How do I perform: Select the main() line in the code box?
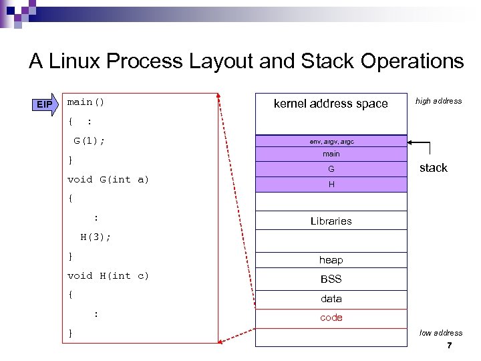pyautogui.click(x=86, y=102)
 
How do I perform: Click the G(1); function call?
pyautogui.click(x=89, y=141)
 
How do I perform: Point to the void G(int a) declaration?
pyautogui.click(x=108, y=179)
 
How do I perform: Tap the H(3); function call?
pyautogui.click(x=96, y=237)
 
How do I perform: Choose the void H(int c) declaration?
pyautogui.click(x=108, y=275)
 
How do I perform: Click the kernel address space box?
pyautogui.click(x=331, y=104)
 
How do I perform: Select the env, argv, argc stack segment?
pyautogui.click(x=331, y=142)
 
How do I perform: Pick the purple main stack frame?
pyautogui.click(x=331, y=154)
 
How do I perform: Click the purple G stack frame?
pyautogui.click(x=331, y=170)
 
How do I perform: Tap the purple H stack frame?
pyautogui.click(x=331, y=185)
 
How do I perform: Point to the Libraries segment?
pyautogui.click(x=331, y=221)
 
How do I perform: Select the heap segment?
pyautogui.click(x=331, y=260)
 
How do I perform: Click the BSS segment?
pyautogui.click(x=331, y=279)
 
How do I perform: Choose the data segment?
pyautogui.click(x=331, y=299)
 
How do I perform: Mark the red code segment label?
pyautogui.click(x=331, y=318)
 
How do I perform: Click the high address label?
pyautogui.click(x=438, y=101)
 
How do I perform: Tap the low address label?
pyautogui.click(x=440, y=333)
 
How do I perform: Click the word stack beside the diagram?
pyautogui.click(x=433, y=168)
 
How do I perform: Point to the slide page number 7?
pyautogui.click(x=449, y=346)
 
